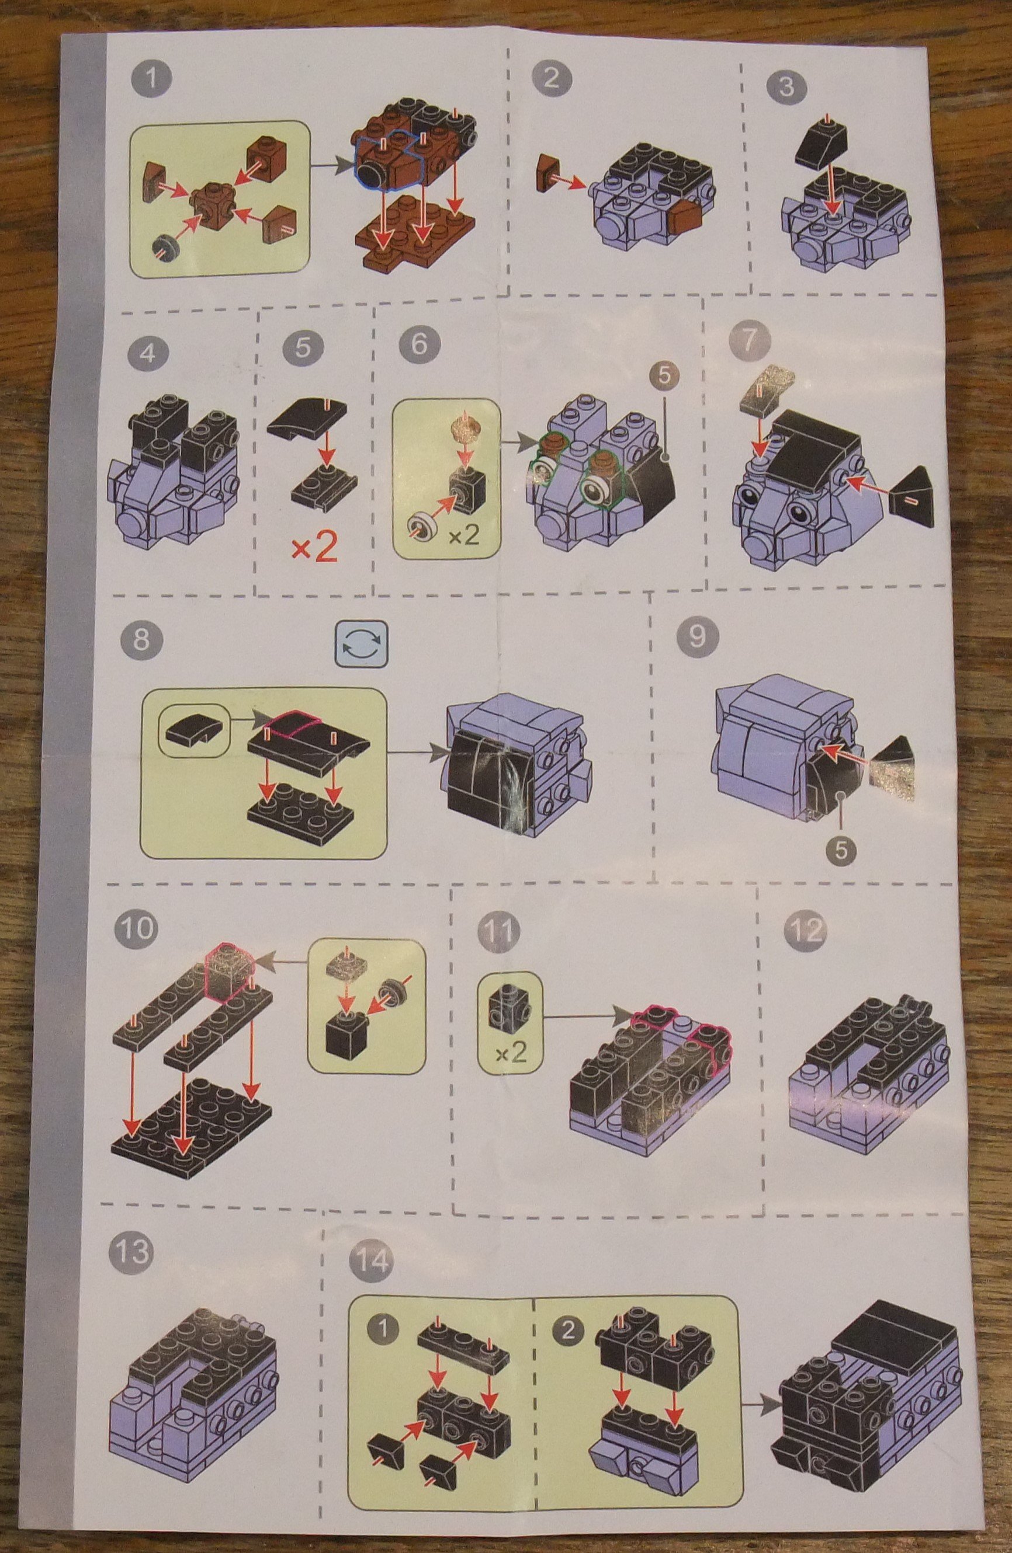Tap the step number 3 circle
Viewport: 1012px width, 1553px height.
(786, 87)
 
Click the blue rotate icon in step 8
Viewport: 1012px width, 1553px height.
(362, 643)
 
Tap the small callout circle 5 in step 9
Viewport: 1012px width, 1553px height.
(841, 849)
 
